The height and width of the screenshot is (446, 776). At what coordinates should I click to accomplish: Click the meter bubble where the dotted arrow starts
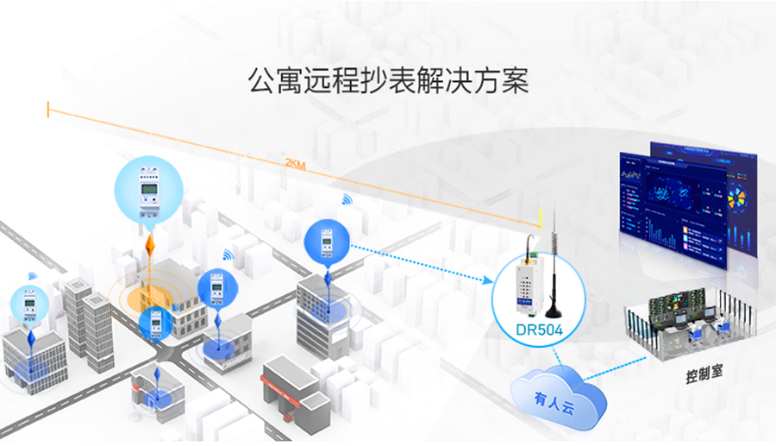[326, 242]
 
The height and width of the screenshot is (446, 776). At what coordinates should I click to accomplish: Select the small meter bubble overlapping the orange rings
[156, 323]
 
